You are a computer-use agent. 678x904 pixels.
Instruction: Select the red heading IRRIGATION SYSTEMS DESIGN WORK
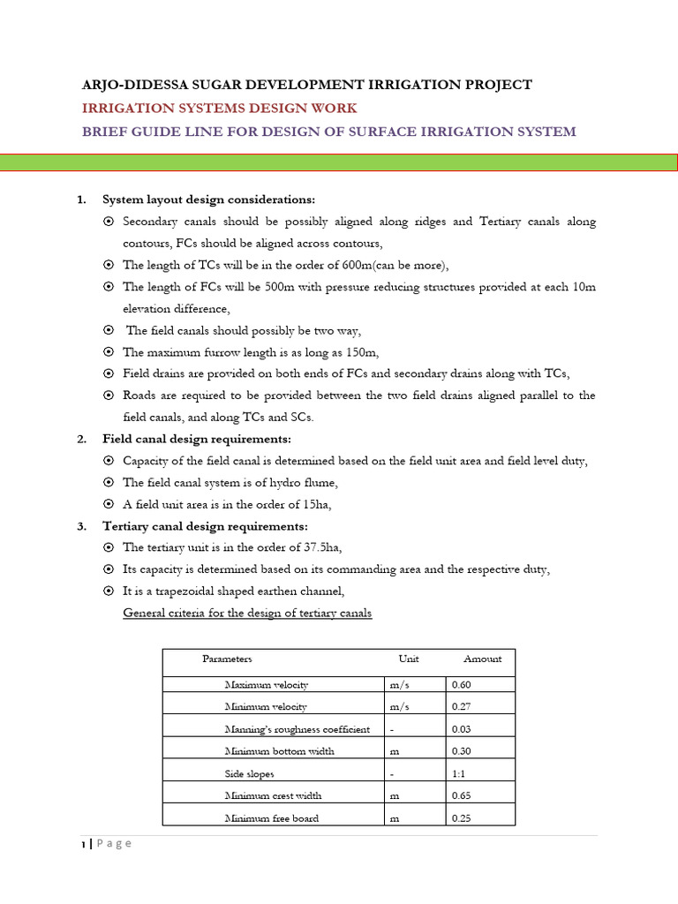coord(219,108)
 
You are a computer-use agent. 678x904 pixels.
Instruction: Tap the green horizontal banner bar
coord(339,162)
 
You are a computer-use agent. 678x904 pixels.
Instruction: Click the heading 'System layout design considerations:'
coord(208,200)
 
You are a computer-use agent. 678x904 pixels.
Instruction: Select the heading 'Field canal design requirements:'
coord(196,439)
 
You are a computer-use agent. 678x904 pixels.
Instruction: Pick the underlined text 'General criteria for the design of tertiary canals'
coord(247,614)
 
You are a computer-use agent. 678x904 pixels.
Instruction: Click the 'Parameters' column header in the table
coord(227,659)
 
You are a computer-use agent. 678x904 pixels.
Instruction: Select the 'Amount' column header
coord(482,659)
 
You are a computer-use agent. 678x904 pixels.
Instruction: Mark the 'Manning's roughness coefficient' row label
coord(297,729)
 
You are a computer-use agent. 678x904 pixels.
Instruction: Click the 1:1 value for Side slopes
coord(459,774)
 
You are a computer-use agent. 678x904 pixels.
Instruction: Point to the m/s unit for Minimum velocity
coord(400,706)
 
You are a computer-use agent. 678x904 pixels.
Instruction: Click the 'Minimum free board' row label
coord(271,818)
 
